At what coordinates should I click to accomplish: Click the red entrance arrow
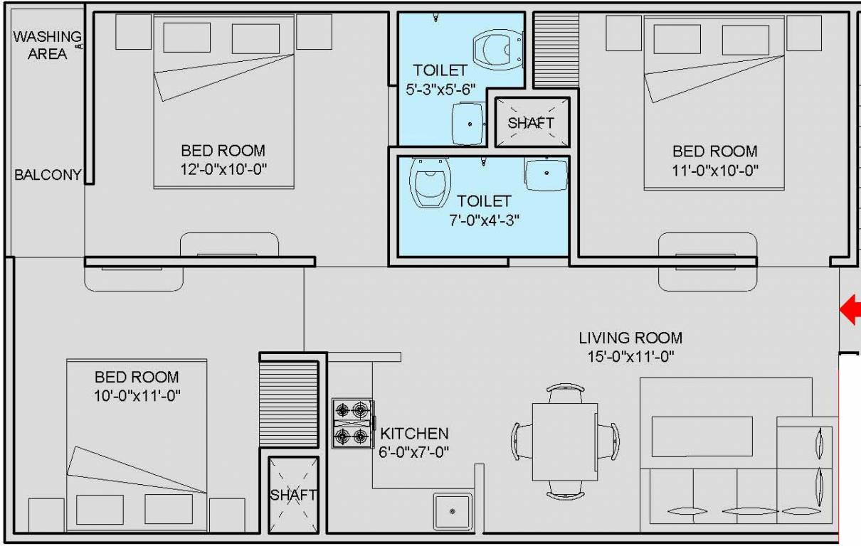click(851, 310)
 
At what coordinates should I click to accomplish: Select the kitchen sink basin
click(453, 510)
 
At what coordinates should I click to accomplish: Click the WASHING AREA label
click(47, 44)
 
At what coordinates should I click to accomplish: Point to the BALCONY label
click(48, 175)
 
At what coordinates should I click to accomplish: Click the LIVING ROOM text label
click(630, 338)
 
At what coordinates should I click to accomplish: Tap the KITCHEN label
click(414, 433)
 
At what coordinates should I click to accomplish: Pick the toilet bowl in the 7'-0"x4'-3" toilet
click(431, 181)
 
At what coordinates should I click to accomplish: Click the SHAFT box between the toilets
click(531, 122)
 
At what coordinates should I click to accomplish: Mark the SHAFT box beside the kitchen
click(292, 495)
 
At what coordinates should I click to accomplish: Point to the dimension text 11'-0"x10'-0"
click(714, 170)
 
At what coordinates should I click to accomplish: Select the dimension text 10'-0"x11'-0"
click(137, 395)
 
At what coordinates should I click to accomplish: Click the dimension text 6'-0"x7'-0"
click(414, 451)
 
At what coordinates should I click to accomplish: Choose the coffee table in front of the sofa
click(702, 437)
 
